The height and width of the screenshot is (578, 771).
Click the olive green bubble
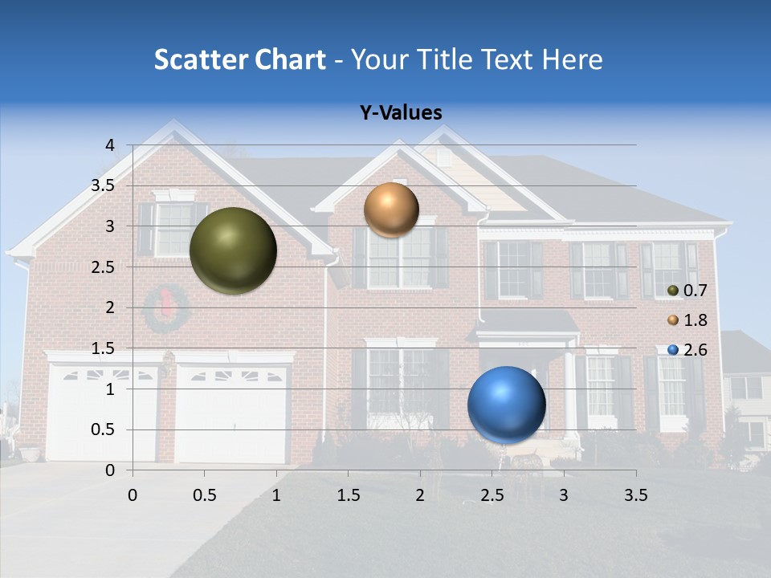click(x=233, y=250)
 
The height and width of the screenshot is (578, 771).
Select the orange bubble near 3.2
click(x=391, y=210)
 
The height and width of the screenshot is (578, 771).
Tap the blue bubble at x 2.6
click(x=506, y=405)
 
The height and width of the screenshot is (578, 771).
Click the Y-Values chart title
click(x=400, y=113)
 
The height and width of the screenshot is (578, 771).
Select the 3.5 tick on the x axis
click(x=635, y=495)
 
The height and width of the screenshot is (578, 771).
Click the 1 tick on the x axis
click(x=276, y=495)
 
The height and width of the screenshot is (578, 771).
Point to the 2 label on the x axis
click(x=420, y=495)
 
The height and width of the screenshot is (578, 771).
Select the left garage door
click(x=103, y=413)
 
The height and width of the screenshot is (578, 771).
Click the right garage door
click(x=231, y=414)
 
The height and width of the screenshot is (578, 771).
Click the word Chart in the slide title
click(x=291, y=59)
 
